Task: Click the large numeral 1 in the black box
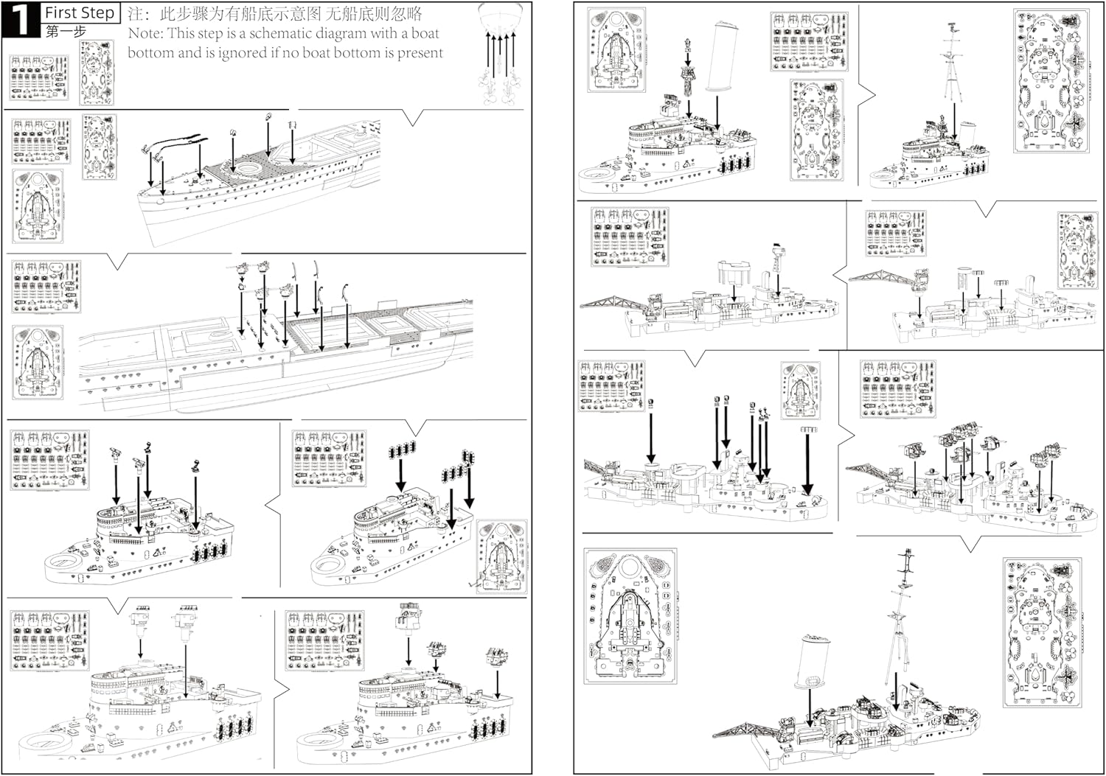pos(20,20)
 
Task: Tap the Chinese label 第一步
pos(66,32)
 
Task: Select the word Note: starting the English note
pos(146,34)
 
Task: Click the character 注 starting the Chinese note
pos(136,13)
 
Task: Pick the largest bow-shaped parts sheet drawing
pos(630,615)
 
